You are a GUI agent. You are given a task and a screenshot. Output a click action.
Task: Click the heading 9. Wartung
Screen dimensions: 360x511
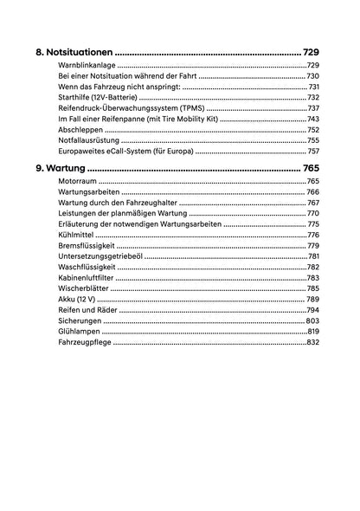click(x=61, y=167)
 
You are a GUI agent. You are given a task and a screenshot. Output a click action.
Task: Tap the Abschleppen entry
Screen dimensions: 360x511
click(x=81, y=129)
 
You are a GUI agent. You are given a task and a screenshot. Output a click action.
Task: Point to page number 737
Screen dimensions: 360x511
click(x=313, y=108)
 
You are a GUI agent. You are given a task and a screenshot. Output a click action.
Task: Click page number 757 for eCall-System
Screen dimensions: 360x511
click(x=313, y=151)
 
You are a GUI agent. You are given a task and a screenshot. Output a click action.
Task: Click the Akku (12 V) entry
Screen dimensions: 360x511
click(x=76, y=299)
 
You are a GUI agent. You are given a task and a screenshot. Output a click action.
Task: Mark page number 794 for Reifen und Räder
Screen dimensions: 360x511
click(x=313, y=310)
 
